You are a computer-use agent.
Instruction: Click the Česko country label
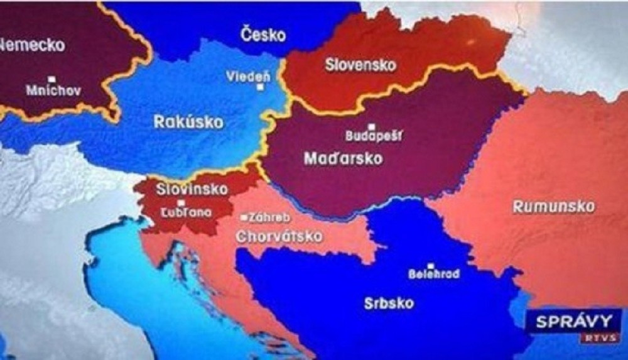coord(263,35)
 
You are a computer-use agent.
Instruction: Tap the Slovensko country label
coord(360,65)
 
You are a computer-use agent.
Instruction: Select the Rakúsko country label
coord(188,122)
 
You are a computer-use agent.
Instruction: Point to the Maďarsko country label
coord(343,158)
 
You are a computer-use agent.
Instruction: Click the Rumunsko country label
coord(553,207)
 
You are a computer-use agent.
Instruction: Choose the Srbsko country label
coord(389,303)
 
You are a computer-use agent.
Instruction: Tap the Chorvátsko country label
coord(279,237)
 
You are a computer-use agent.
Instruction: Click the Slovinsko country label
coord(183,188)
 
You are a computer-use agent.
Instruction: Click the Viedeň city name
coord(249,77)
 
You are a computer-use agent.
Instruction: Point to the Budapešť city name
coord(374,135)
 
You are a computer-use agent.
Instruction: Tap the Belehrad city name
coord(433,275)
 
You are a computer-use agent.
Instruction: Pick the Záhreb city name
coord(269,217)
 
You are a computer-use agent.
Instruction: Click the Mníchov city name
coord(53,90)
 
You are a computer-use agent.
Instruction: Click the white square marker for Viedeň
coord(260,87)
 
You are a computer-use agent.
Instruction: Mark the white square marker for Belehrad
coord(431,266)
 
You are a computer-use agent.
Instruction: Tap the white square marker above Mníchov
coord(52,80)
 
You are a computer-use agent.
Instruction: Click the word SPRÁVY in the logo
coord(572,322)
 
